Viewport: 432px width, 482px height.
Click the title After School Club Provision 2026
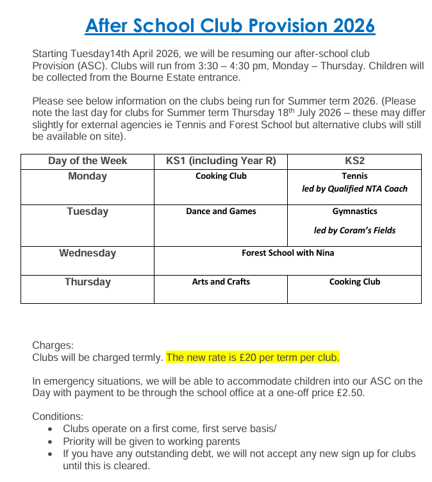tap(229, 26)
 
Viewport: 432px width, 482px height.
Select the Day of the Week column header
tap(87, 161)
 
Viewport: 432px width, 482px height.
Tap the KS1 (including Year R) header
tap(220, 161)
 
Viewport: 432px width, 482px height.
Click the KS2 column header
tap(354, 161)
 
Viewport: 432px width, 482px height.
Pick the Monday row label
tap(87, 176)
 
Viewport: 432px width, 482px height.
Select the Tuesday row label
tap(87, 212)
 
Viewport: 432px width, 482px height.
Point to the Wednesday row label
tap(87, 253)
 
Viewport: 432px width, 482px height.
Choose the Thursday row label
tap(87, 282)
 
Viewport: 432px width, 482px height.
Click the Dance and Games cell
tap(220, 211)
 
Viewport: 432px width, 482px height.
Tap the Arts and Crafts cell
tap(220, 281)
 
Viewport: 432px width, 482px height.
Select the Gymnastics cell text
tap(354, 211)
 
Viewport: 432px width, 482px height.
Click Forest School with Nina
tap(288, 253)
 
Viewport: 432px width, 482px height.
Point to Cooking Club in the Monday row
tap(220, 176)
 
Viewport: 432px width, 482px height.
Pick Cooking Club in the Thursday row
tap(354, 281)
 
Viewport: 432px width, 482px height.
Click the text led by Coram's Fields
tap(354, 231)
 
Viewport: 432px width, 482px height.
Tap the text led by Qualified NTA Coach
tap(354, 188)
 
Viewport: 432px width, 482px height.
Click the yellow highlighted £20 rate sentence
tap(253, 357)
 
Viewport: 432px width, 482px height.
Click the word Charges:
tap(53, 345)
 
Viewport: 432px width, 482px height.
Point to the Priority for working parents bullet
tap(151, 441)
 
